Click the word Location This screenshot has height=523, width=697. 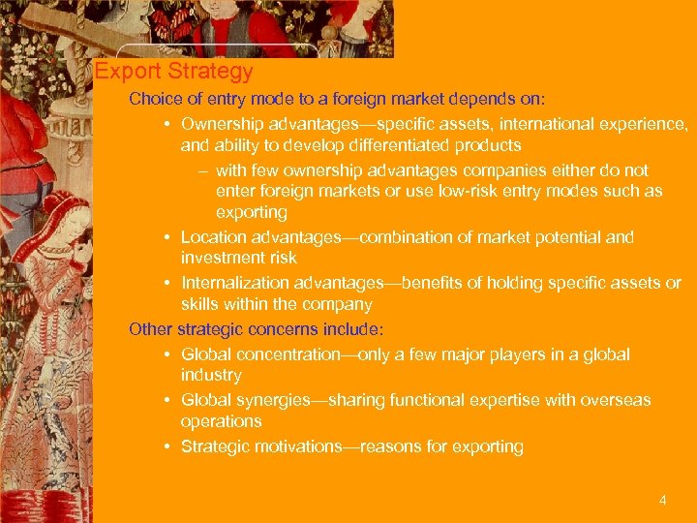pyautogui.click(x=213, y=237)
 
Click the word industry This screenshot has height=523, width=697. pyautogui.click(x=211, y=376)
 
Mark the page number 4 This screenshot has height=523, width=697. pyautogui.click(x=662, y=501)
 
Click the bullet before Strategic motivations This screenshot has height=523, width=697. pyautogui.click(x=168, y=447)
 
